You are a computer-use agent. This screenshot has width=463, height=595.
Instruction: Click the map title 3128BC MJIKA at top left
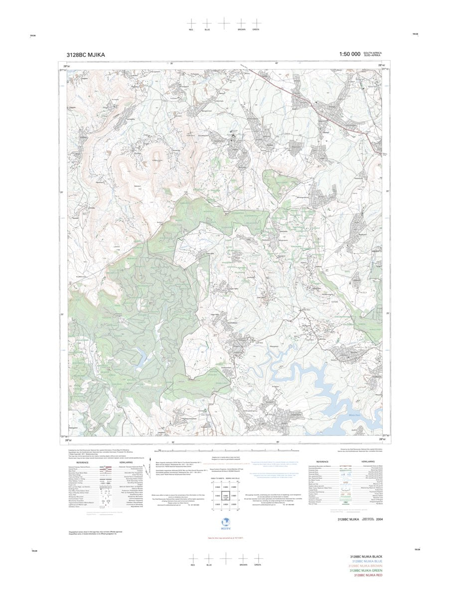click(86, 55)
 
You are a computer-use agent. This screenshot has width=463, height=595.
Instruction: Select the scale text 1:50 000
click(349, 54)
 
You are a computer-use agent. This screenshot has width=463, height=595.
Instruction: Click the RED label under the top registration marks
click(191, 30)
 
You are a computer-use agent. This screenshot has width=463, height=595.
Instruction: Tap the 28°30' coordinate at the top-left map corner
click(66, 66)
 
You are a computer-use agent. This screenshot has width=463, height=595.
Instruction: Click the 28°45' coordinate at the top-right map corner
click(381, 66)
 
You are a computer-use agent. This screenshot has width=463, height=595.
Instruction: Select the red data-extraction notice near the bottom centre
click(225, 538)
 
